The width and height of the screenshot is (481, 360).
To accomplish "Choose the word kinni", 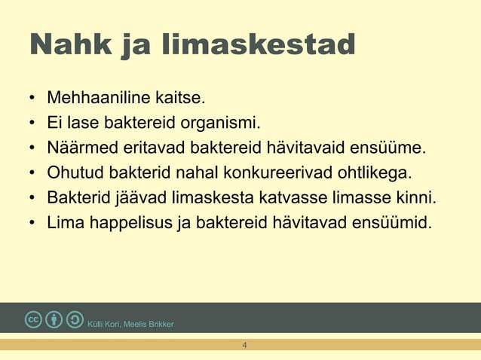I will click(x=416, y=197).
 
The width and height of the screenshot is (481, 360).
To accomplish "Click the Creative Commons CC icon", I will click(x=33, y=319).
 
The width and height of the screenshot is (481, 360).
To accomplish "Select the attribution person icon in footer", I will click(x=54, y=319).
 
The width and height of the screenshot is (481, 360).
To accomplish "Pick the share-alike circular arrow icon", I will click(x=75, y=319).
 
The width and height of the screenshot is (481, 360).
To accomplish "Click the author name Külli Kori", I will click(x=104, y=325).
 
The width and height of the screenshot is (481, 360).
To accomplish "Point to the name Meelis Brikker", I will click(x=149, y=325).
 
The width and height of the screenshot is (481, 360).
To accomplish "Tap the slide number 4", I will click(x=244, y=345).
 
